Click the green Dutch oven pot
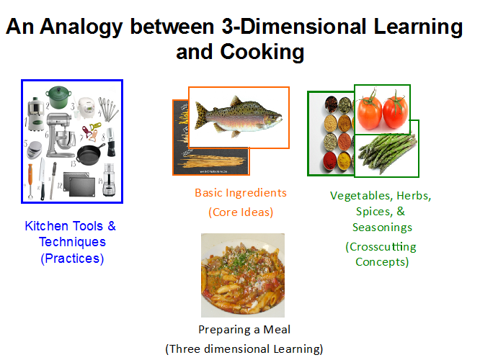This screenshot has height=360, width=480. click(58, 97)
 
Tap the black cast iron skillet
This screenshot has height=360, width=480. click(89, 154)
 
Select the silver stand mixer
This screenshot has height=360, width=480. click(61, 135)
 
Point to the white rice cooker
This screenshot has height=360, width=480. click(86, 108)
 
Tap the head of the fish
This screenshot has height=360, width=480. click(272, 119)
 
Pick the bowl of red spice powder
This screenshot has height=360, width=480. click(330, 161)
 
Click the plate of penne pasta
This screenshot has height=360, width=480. click(243, 275)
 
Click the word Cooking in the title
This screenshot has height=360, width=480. click(262, 52)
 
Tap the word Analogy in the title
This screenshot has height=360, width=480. click(81, 27)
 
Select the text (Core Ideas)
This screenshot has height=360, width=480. click(241, 212)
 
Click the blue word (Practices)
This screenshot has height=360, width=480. click(72, 258)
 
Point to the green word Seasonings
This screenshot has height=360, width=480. click(382, 228)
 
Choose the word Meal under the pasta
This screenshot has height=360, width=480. click(277, 330)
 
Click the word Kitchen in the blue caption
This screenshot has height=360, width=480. click(47, 226)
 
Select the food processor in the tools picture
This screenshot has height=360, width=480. click(109, 180)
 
